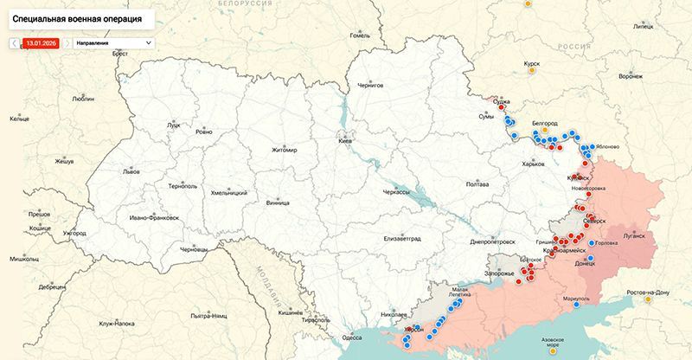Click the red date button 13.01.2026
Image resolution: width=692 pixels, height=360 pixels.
[40, 42]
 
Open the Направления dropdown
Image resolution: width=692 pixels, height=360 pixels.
[113, 42]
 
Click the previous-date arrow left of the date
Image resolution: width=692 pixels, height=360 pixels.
[14, 42]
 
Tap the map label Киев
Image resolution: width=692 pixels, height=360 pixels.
[345, 141]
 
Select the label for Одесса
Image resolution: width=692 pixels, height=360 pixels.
[352, 337]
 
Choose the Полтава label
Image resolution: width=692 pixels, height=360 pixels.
[477, 184]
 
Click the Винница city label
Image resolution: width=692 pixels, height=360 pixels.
[278, 204]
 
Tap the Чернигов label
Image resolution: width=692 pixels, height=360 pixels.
[375, 87]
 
